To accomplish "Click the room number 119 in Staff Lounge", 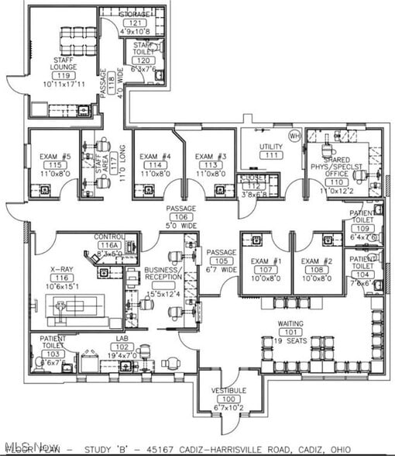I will pos(64,75).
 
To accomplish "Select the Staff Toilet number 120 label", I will pos(143,60).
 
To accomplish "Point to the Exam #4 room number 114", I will pos(155,165).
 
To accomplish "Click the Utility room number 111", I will pos(271,155).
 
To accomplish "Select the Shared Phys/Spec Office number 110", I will pos(336,182).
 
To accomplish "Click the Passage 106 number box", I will pos(180,217).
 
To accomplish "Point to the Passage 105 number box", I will pos(221,261).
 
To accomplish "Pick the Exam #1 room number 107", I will pos(266,270).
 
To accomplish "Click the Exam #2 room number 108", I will pos(317,270).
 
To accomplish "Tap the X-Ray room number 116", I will pos(62,277).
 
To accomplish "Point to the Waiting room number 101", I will pos(291,332).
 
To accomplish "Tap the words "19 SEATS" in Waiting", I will pos(291,340).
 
